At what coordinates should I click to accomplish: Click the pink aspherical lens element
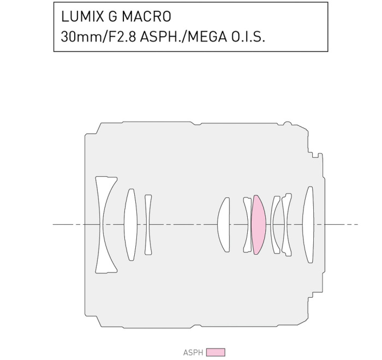click(259, 225)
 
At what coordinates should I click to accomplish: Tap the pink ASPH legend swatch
click(216, 352)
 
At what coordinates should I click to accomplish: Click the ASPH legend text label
click(193, 352)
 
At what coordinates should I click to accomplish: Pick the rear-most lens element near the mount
click(308, 225)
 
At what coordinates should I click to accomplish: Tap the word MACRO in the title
click(146, 16)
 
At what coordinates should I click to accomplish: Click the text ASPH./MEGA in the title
click(183, 37)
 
